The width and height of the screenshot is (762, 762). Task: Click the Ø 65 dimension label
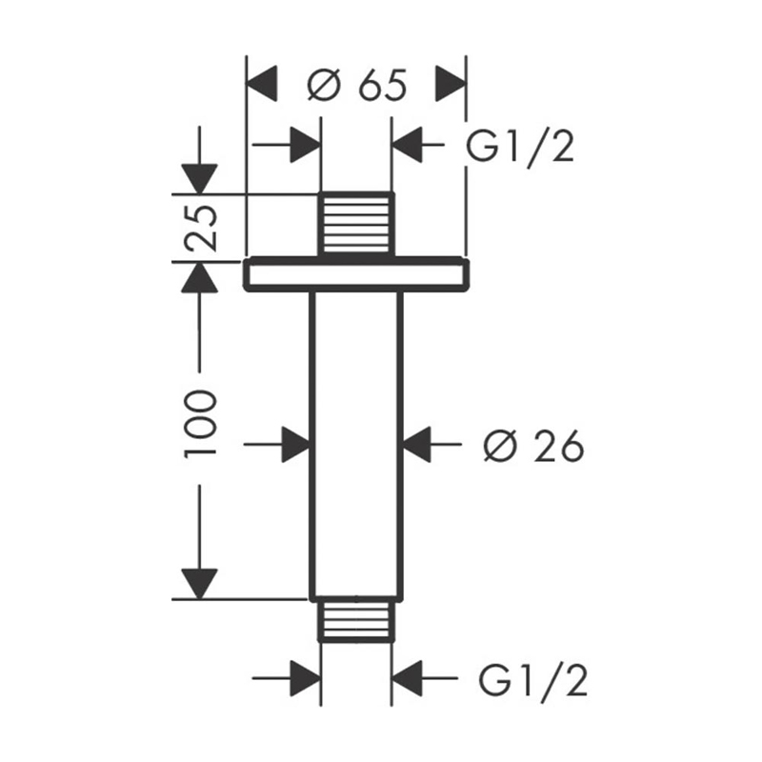tap(357, 87)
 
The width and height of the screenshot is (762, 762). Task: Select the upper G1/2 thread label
tap(521, 147)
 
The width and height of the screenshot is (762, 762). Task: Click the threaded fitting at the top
tap(356, 224)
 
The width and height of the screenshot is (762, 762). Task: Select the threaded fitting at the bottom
tap(356, 622)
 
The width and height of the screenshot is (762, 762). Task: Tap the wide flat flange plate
tap(356, 274)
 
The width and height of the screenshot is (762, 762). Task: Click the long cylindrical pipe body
tap(356, 444)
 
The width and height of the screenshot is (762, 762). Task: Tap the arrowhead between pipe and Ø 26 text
tap(416, 444)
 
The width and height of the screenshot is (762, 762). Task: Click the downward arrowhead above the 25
tap(199, 178)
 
